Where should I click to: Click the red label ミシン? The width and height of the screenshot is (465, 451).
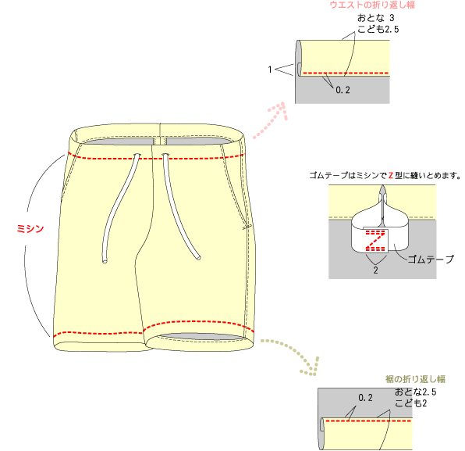coord(30,228)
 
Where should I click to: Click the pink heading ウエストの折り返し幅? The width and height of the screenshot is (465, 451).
coord(372,5)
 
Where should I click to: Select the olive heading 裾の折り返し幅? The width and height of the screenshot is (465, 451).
coord(415,379)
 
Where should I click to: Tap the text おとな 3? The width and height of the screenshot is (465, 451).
coord(376,18)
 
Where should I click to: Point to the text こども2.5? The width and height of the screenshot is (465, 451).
coord(378,29)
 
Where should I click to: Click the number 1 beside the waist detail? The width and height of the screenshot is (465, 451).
coord(270,70)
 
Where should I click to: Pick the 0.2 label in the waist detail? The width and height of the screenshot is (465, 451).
coord(343,90)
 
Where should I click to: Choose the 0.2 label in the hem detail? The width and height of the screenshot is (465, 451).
coord(365,398)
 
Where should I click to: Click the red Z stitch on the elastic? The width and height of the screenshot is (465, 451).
coord(375,240)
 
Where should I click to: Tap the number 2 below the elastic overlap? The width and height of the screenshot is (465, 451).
coord(376,270)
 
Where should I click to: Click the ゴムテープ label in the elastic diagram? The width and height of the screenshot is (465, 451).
coord(431,260)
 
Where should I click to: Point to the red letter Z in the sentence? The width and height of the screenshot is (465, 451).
coord(391,176)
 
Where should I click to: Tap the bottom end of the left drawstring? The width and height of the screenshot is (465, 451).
coord(105,261)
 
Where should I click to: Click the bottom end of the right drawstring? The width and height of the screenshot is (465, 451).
coord(198,257)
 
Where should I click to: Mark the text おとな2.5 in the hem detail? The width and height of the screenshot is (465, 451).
coord(415,392)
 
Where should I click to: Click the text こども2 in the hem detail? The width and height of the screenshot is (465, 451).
coord(410,403)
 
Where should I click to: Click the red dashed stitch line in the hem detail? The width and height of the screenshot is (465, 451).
coord(368,421)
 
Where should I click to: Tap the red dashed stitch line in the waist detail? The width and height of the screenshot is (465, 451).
coord(345,73)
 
